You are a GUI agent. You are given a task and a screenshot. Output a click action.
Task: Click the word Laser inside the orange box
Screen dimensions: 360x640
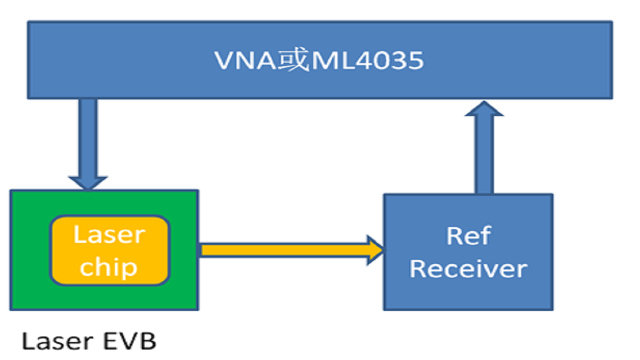click(109, 234)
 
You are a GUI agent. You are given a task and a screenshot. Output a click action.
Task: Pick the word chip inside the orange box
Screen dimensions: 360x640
click(108, 267)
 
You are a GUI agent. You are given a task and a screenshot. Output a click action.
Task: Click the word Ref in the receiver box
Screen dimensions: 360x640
click(468, 236)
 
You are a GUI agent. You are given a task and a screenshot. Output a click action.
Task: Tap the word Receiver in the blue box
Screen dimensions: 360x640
click(468, 269)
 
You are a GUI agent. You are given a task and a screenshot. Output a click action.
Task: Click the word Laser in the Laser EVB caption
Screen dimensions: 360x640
click(55, 341)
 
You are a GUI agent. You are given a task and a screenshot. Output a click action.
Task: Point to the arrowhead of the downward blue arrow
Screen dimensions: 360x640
click(88, 183)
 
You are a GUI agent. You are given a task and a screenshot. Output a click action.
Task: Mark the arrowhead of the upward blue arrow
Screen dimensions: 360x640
click(484, 109)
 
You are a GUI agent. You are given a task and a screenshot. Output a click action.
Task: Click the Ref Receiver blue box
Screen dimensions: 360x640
click(468, 295)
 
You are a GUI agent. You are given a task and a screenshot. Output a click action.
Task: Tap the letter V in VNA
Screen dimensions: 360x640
click(223, 60)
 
